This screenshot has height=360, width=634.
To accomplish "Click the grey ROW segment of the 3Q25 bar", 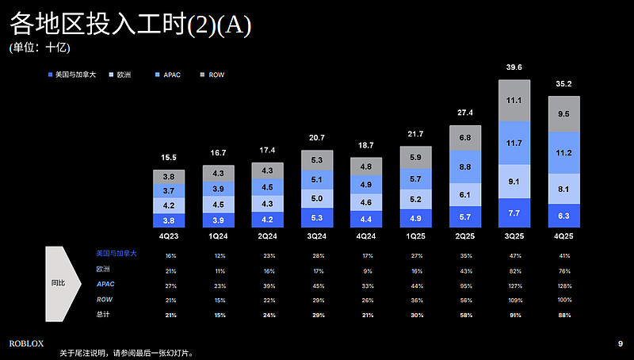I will point(514,101).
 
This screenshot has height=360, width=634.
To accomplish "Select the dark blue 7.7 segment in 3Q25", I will point(514,213).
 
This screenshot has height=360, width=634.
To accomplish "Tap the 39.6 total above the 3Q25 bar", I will point(514,68).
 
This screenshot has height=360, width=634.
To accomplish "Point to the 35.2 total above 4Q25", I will point(563,82).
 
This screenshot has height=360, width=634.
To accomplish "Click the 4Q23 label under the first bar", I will point(168,236).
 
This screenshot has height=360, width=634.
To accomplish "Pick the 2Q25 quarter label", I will point(464,236).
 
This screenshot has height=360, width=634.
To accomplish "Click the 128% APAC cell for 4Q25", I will point(563,285).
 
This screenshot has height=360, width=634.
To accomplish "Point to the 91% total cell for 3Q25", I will point(514,316).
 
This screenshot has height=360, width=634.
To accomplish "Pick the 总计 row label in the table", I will point(103,316).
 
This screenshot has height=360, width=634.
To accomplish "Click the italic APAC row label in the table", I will point(105,285).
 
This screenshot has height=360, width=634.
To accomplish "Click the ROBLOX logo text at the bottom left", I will point(26,343).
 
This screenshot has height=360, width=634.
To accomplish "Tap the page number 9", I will point(620,343).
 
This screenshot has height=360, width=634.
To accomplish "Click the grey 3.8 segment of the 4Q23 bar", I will point(168,176).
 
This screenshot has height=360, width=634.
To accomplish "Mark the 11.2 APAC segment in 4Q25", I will point(563,153).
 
